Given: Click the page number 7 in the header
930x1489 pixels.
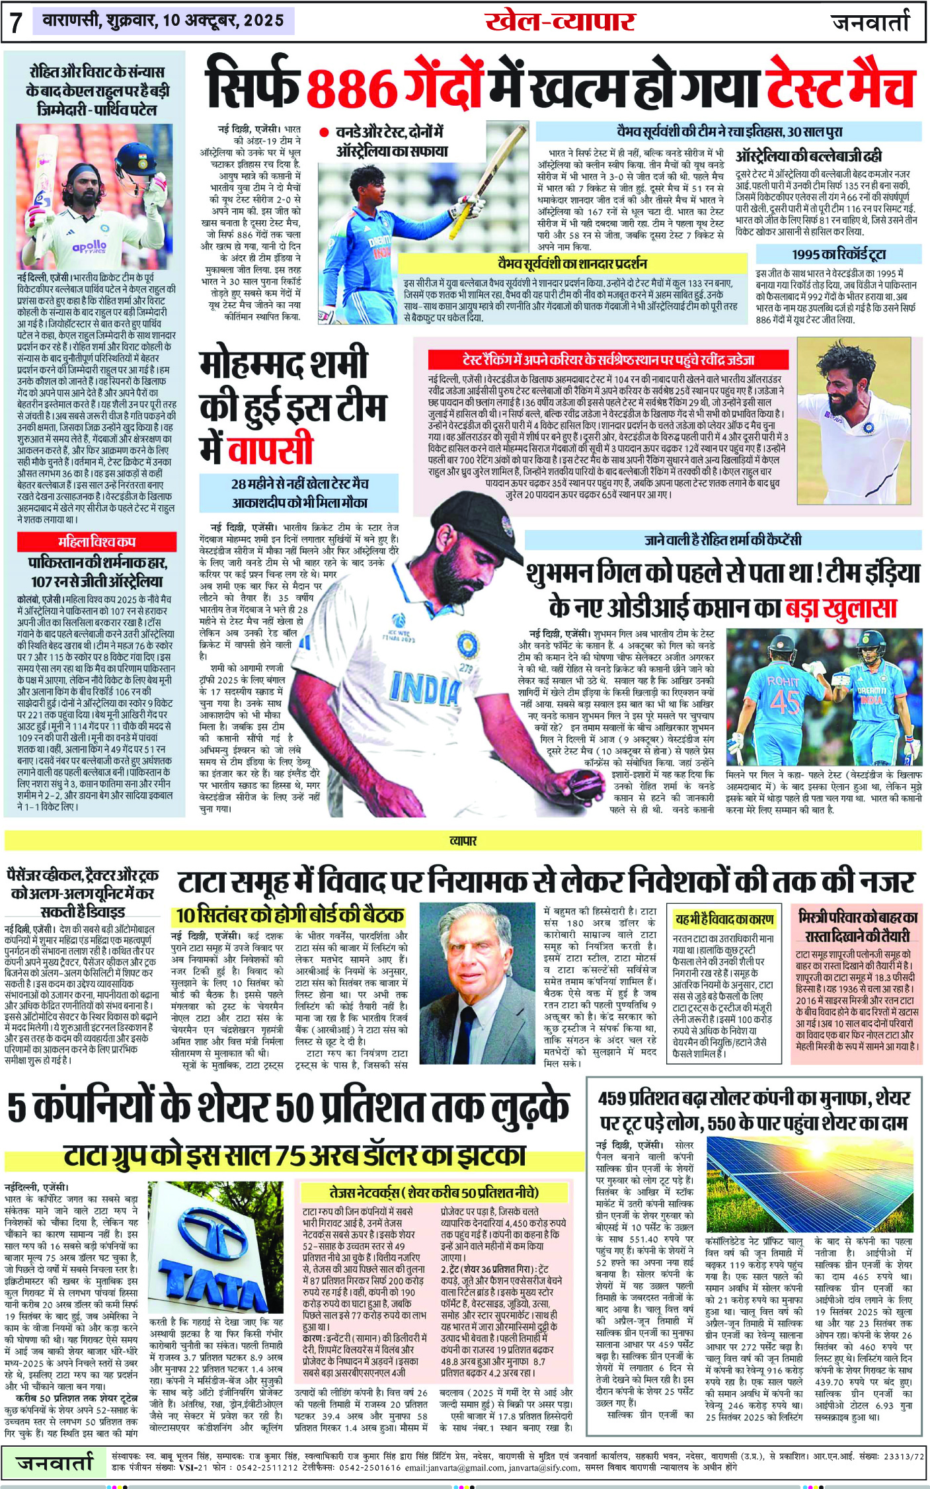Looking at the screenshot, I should (17, 22).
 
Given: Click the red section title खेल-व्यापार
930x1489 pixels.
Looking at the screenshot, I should (559, 22).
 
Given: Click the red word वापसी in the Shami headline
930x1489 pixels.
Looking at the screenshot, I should (270, 449).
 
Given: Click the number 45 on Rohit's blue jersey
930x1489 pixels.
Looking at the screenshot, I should (785, 702).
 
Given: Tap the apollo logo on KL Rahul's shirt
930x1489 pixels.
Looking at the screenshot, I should (90, 247).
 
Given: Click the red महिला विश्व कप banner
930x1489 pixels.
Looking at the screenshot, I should (97, 542).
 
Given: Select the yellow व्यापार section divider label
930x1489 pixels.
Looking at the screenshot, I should (463, 841).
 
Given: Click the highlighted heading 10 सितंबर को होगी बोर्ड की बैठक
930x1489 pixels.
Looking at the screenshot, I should (290, 915).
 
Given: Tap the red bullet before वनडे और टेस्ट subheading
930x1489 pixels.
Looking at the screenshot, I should (324, 132).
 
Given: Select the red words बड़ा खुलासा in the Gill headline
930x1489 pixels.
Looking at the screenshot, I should (840, 607).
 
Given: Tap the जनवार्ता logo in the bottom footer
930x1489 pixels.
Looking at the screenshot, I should (56, 1463).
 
